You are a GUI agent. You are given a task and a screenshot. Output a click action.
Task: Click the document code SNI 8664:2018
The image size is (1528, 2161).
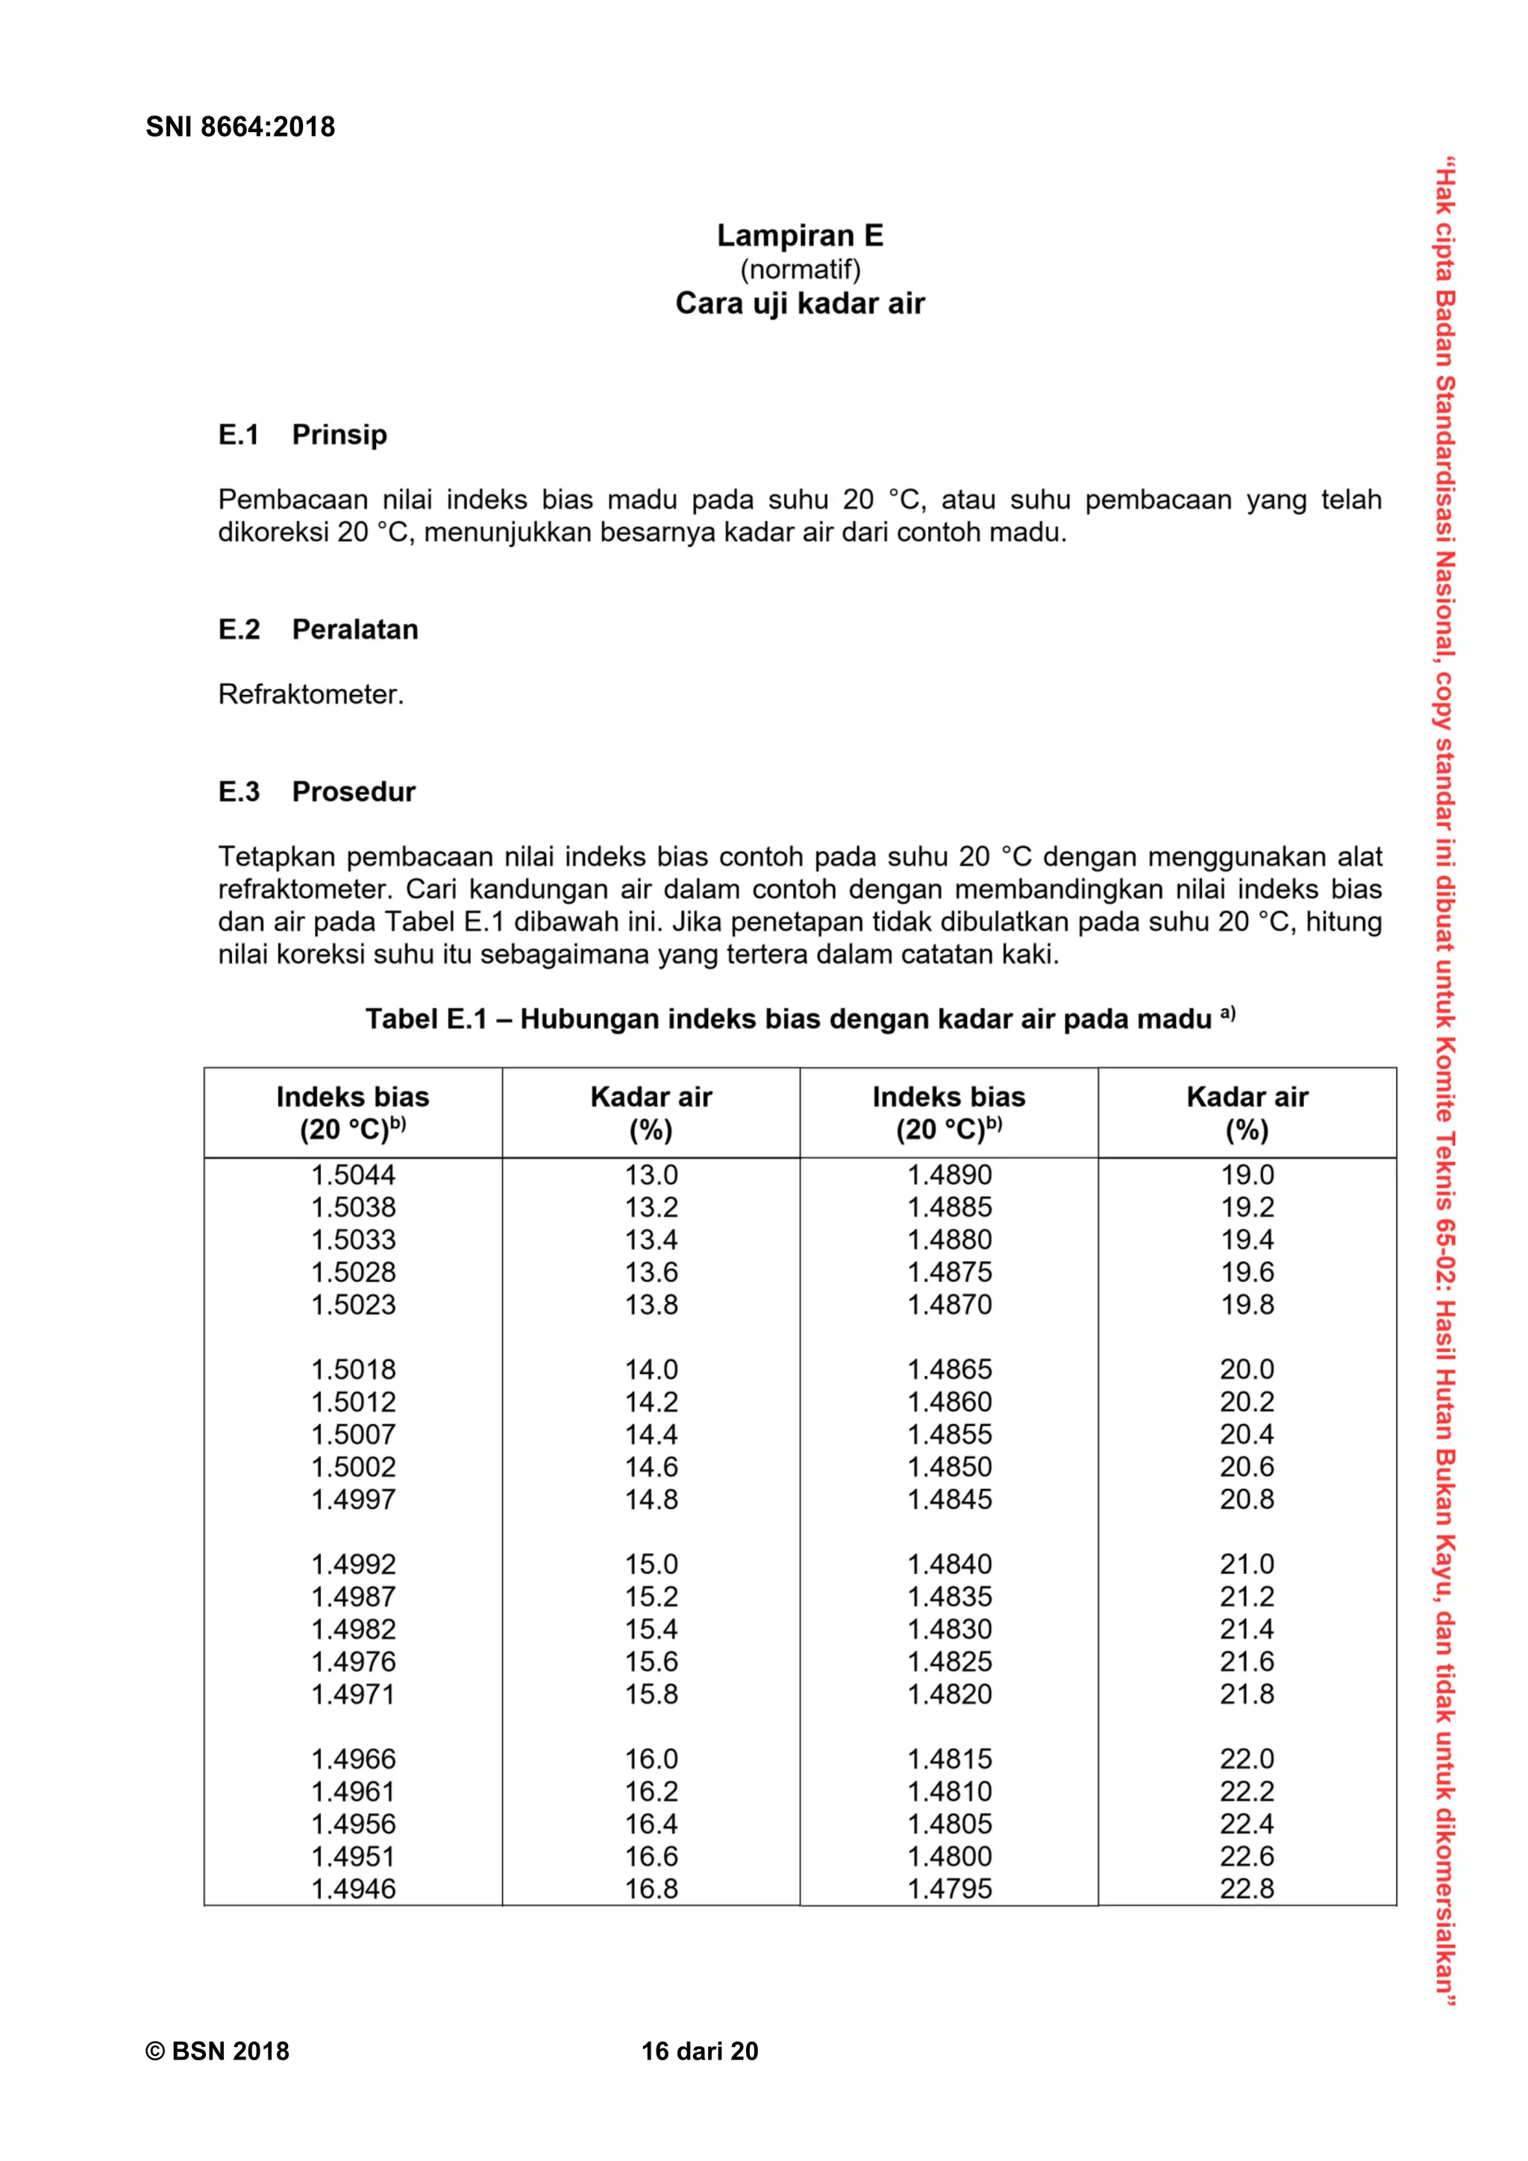click(x=240, y=127)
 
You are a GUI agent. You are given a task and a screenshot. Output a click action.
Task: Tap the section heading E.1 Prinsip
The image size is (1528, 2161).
click(x=302, y=435)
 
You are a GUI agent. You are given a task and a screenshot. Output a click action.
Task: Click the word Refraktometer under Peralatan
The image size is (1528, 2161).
click(x=310, y=695)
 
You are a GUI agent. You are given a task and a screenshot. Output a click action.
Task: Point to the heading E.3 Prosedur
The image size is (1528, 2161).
click(x=316, y=792)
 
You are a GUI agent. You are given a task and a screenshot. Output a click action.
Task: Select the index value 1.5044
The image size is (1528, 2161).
click(x=353, y=1174)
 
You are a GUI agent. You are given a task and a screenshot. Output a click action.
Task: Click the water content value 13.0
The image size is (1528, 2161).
click(x=651, y=1174)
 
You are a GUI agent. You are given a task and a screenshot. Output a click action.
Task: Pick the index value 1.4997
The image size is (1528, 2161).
click(x=353, y=1500)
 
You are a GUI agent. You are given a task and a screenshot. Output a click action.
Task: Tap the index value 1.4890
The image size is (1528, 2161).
click(x=949, y=1174)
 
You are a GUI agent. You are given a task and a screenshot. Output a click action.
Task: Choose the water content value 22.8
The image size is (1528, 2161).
click(x=1247, y=1889)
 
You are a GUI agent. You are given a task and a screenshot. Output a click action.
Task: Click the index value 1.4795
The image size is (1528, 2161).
click(x=949, y=1889)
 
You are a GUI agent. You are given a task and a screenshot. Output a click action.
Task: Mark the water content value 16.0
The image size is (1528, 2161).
click(x=651, y=1759)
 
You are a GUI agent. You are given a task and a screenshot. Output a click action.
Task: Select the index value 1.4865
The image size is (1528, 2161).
click(x=949, y=1369)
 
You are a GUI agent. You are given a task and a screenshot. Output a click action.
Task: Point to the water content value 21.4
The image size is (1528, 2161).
click(x=1247, y=1629)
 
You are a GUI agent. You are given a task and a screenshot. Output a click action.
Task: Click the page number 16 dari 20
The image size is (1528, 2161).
click(x=700, y=2051)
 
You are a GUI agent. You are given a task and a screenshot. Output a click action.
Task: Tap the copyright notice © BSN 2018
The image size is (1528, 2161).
click(x=217, y=2051)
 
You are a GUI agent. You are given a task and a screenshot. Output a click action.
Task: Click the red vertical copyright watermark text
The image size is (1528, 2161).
click(x=1444, y=1083)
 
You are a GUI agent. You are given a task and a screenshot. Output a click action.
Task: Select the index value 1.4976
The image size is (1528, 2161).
click(x=353, y=1661)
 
